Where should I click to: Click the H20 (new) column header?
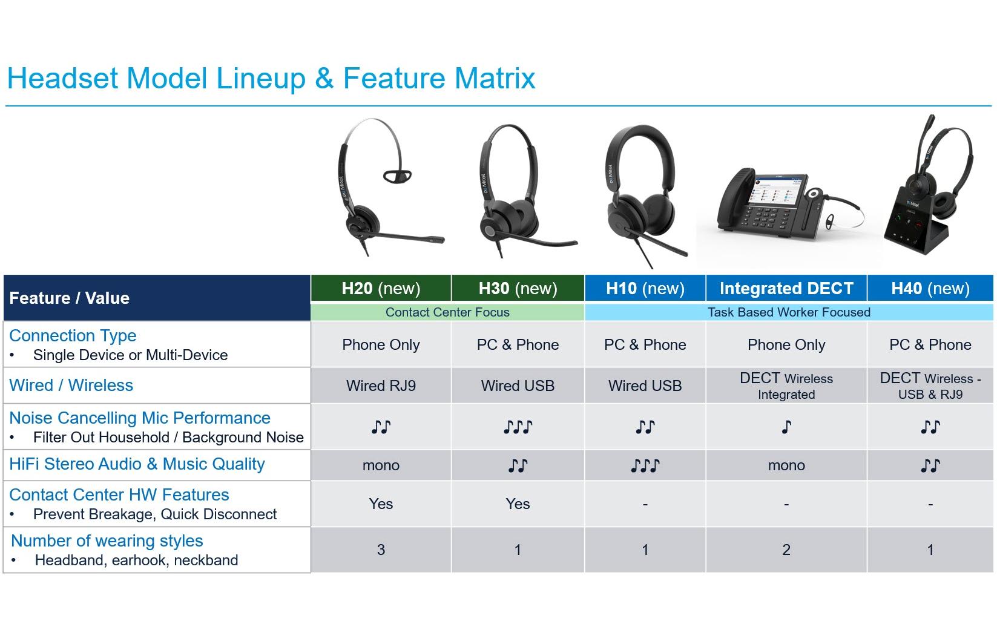coord(381,288)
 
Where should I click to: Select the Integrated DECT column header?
coord(786,288)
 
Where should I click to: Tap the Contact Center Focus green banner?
coord(447,312)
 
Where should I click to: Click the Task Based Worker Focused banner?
coord(788,312)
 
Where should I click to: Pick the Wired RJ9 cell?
coord(381,386)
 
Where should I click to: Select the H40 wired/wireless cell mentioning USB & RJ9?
coord(930,386)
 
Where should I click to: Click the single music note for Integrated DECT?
coord(786,427)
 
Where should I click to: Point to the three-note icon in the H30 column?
coord(518,427)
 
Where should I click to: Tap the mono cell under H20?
coord(381,465)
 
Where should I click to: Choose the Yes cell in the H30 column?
coord(518,504)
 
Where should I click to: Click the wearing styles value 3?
coord(381,550)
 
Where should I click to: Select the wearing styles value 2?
coord(786,550)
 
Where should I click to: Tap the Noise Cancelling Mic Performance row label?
coord(140,418)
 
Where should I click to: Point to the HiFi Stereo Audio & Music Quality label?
coord(137,464)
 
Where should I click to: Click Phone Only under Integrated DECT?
coord(786,344)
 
